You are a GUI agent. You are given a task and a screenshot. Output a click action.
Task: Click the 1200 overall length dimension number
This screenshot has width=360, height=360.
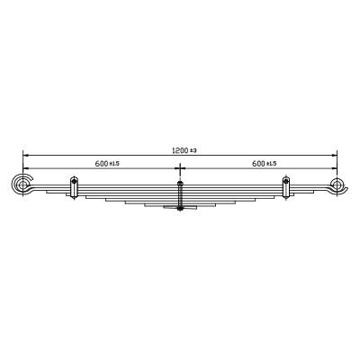pos(180,150)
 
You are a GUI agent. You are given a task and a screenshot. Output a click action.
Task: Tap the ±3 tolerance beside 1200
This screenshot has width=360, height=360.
pos(193,151)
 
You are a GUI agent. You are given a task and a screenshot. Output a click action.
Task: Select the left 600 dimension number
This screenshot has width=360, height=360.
pos(102,164)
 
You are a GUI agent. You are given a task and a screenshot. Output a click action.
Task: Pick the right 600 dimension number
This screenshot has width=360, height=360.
pos(258,164)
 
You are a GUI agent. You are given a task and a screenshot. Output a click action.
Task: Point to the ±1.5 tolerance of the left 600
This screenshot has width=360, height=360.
pos(114,164)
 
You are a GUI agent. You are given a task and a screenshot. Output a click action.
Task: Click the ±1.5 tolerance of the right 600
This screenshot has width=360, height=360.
pos(271,164)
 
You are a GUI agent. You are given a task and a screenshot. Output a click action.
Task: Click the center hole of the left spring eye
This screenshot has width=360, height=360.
pos(22,184)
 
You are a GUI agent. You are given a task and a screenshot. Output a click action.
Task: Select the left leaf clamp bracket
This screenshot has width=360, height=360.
pos(74,187)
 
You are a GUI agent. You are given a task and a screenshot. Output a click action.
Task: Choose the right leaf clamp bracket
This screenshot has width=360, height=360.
pos(286,187)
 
